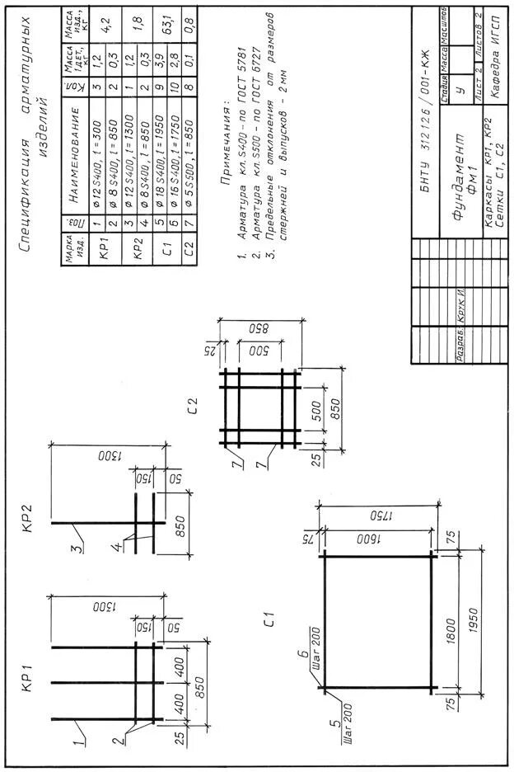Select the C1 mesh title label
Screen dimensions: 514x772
point(268,620)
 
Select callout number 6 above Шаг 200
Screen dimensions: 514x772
point(301,657)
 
